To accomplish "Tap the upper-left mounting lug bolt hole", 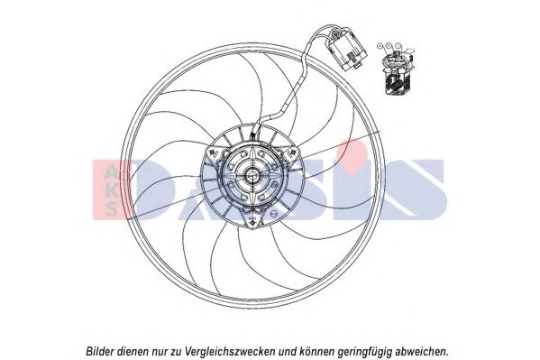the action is tap(212, 152).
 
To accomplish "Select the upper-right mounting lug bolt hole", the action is tap(293, 152).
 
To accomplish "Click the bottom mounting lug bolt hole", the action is tap(252, 224).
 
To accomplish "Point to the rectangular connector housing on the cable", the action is tap(347, 51).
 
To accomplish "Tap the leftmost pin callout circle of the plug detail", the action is tap(380, 45).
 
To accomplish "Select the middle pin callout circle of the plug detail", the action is tap(389, 45).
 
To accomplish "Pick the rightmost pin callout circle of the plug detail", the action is tap(398, 45).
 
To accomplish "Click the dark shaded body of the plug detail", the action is tap(396, 83).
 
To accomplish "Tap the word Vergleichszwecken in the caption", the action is tap(230, 343).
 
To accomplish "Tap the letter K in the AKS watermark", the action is tap(111, 190).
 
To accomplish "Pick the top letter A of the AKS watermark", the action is tap(111, 171).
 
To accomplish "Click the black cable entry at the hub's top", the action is tap(253, 135).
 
